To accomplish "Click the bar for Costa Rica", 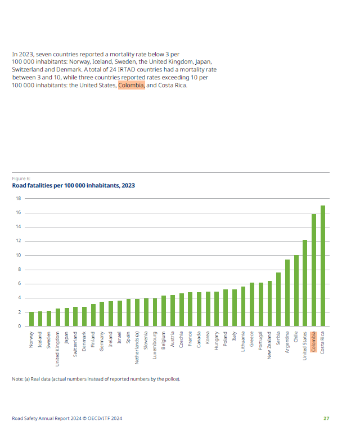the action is point(322,266).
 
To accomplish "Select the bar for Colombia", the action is point(314,270).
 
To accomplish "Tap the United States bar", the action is point(305,283).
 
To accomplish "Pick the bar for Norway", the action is point(31,319).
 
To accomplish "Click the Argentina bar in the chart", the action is point(287,293).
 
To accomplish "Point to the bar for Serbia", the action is point(278,300).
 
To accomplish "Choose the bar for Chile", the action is point(296,291).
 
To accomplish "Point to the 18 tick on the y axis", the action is point(19,198).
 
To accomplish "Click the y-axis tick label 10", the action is point(19,255).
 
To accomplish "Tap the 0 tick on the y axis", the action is point(20,326).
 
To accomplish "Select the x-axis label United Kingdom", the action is point(57,349).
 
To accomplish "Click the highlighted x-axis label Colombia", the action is point(313,342).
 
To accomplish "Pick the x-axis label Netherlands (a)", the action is point(137,347).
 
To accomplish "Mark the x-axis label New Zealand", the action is point(269,345).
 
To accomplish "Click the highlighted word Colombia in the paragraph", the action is point(131,85).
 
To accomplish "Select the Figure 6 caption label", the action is point(21,178).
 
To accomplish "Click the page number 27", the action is point(326,418).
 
